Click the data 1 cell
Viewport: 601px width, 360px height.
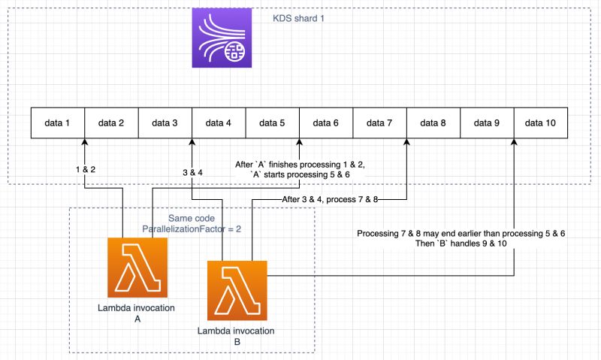(x=58, y=123)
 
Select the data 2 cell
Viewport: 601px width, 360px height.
(x=111, y=123)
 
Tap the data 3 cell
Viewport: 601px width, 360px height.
(x=165, y=123)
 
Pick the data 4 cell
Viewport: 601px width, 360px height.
(x=219, y=123)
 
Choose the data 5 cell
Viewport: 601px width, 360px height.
(x=273, y=123)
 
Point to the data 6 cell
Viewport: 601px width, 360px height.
(x=326, y=123)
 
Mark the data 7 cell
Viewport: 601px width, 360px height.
(x=380, y=123)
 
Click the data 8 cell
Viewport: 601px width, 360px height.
(x=433, y=123)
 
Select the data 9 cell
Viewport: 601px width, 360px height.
(x=488, y=123)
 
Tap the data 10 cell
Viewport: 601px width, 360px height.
(x=541, y=123)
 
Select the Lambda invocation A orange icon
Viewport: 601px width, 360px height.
(x=137, y=268)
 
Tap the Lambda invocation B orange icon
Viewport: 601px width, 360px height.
(x=237, y=289)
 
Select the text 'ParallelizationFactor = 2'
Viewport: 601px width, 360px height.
(x=190, y=227)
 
